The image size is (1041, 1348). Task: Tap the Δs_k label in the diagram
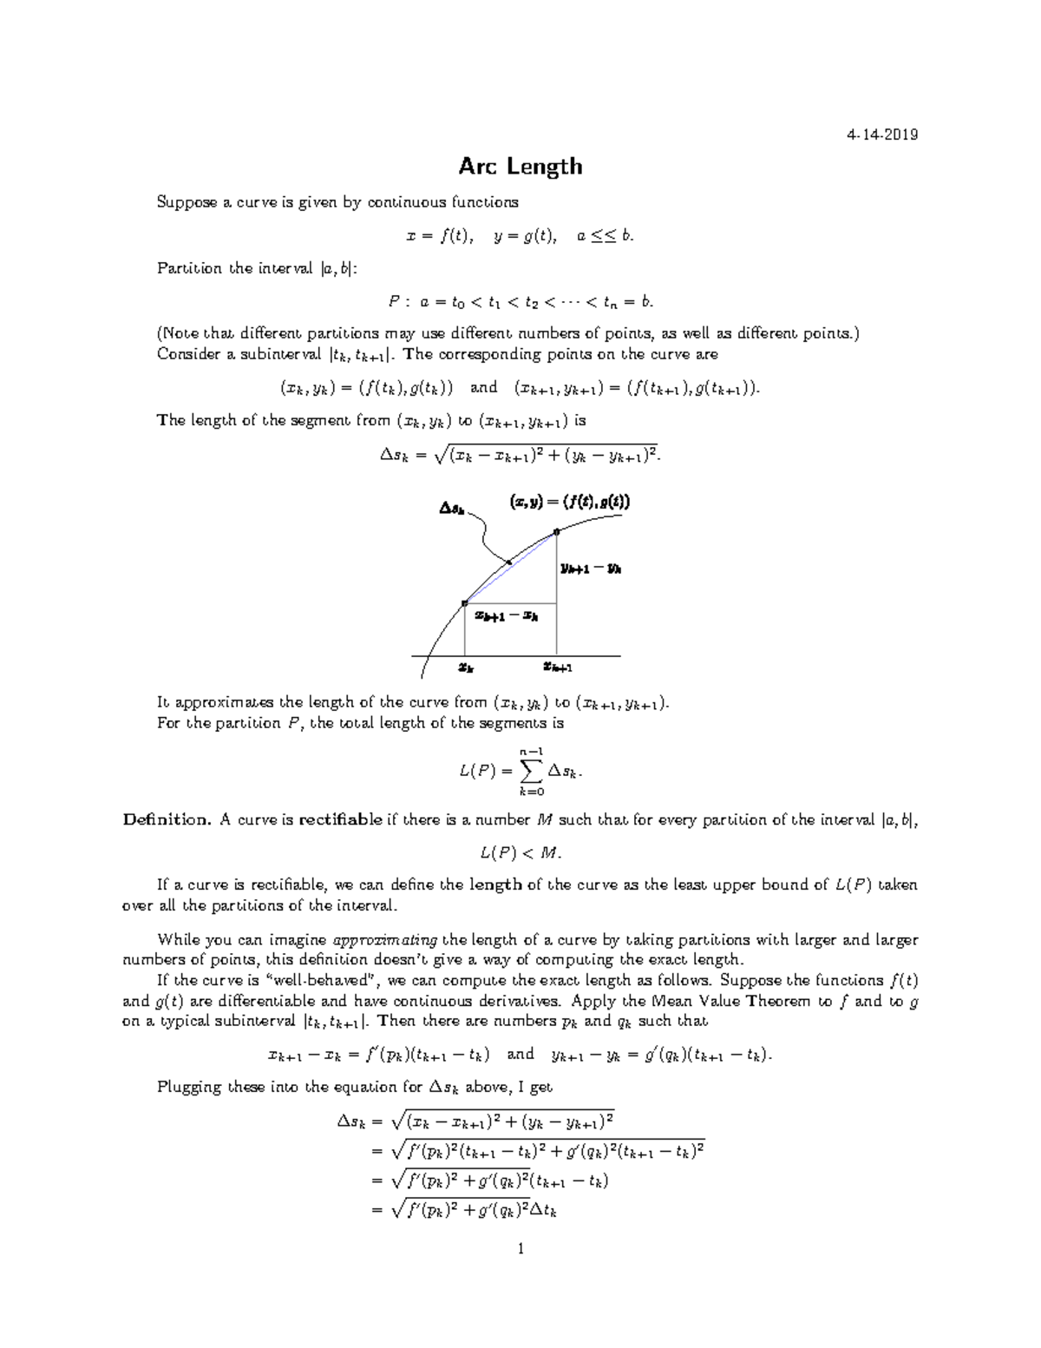click(451, 509)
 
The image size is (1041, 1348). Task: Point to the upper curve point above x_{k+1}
click(556, 531)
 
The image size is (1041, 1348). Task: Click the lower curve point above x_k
click(465, 602)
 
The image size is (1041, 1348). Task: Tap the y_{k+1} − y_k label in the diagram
click(590, 569)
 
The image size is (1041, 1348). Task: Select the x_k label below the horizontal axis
click(466, 668)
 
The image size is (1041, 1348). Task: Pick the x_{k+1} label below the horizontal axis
click(558, 667)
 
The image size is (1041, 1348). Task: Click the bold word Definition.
click(167, 819)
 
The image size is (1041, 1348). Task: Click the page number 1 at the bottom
click(520, 1249)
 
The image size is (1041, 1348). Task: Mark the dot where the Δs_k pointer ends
click(509, 563)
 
